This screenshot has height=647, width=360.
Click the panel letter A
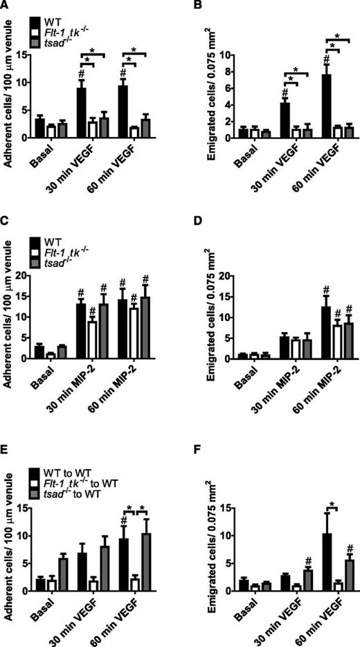click(6, 6)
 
